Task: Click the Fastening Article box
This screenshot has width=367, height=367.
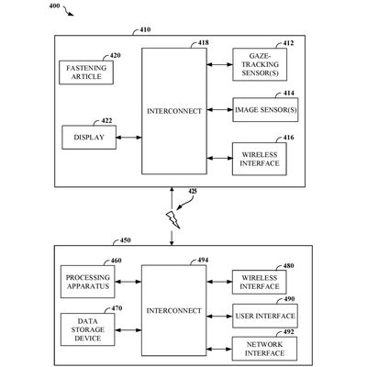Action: [x=87, y=72]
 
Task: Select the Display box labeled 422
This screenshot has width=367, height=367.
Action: [x=87, y=138]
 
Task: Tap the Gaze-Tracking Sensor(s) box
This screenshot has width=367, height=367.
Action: [x=258, y=65]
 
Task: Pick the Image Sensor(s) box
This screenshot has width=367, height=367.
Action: [x=258, y=110]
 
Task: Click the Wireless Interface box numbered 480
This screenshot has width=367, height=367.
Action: [x=258, y=281]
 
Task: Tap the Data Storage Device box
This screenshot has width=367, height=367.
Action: [x=87, y=327]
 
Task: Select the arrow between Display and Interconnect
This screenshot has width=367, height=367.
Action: [x=128, y=138]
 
